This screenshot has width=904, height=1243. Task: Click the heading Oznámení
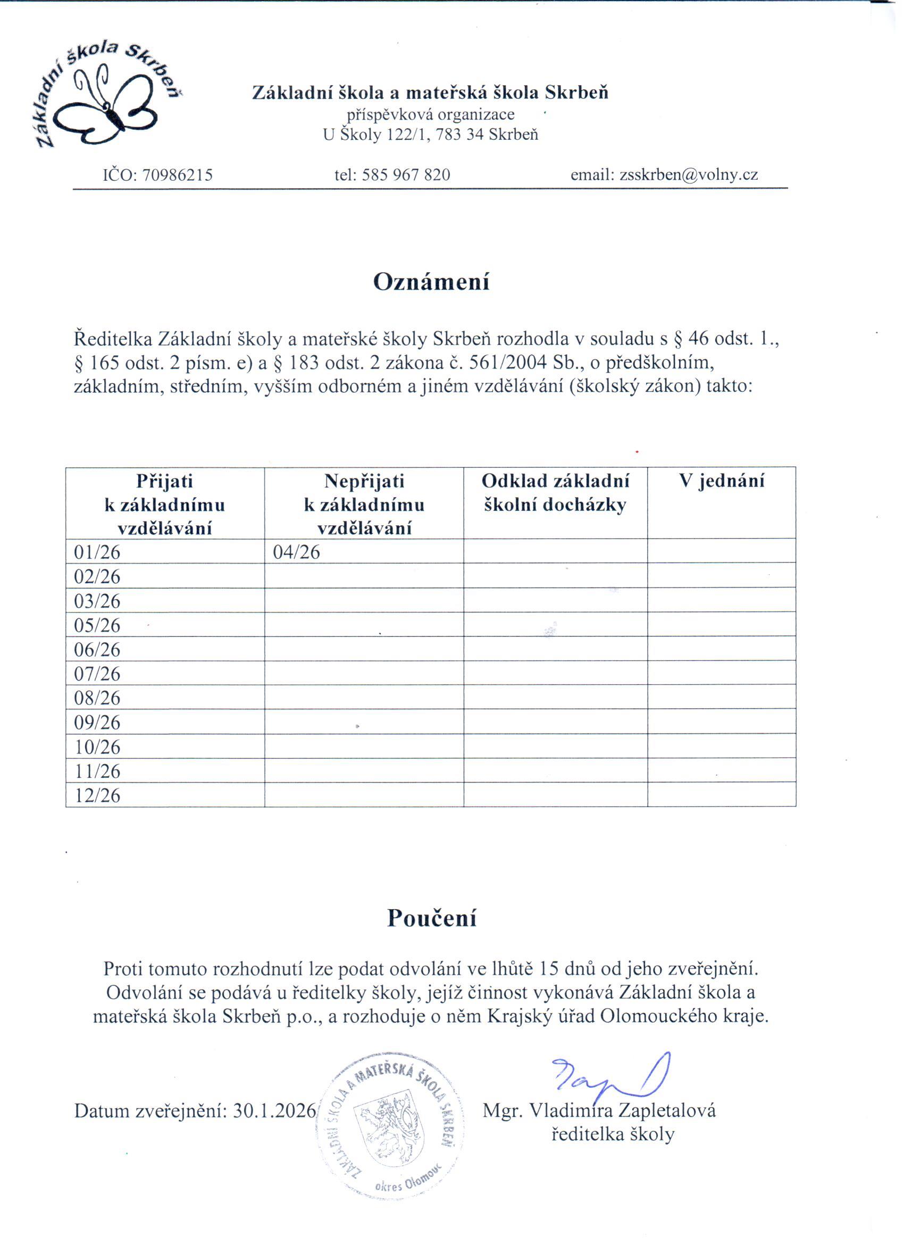tap(431, 282)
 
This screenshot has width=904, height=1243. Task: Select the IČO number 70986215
tap(177, 175)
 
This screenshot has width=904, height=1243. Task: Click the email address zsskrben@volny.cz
tap(689, 175)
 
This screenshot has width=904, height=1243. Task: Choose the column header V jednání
tap(721, 481)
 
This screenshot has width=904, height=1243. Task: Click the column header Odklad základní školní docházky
tap(555, 493)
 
